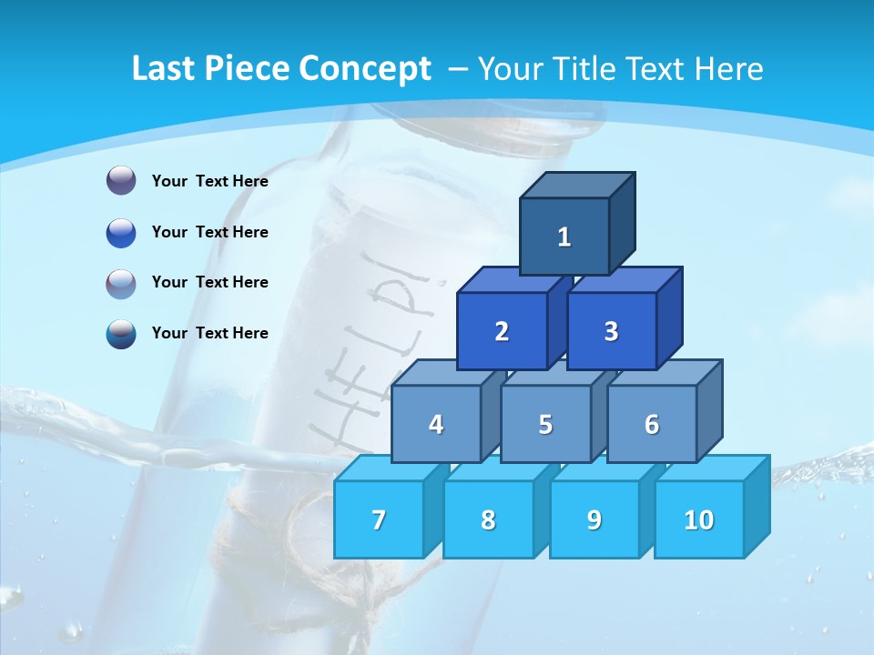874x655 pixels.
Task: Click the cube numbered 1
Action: tap(564, 237)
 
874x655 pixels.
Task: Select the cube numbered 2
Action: tap(502, 331)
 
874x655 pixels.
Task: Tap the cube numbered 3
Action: tap(611, 331)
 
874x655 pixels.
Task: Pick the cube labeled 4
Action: tap(436, 424)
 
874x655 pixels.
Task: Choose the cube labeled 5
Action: tap(545, 424)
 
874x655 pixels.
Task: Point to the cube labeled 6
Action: tap(652, 424)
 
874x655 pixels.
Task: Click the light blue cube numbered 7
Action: tap(379, 519)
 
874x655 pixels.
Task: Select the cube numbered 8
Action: tap(488, 519)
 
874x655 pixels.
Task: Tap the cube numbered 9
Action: tap(594, 519)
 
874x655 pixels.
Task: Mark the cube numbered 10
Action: tap(699, 519)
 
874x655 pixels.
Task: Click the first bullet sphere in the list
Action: tap(121, 181)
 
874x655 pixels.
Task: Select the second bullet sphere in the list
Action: tap(121, 232)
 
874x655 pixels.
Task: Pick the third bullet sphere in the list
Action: tap(121, 283)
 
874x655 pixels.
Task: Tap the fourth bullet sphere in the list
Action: tap(121, 333)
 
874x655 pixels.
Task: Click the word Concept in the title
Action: tap(365, 69)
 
